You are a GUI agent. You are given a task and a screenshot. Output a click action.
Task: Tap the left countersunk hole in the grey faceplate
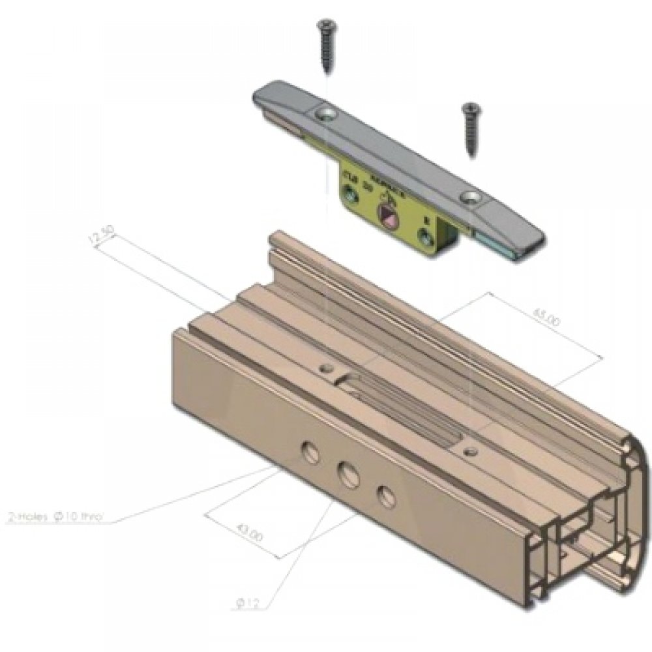click(326, 115)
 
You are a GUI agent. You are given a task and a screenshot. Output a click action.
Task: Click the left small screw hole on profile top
click(323, 368)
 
